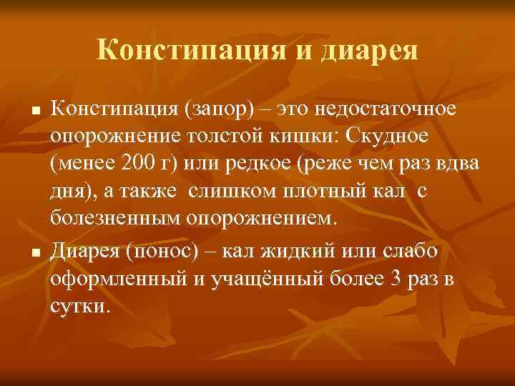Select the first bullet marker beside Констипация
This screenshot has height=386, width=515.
point(35,112)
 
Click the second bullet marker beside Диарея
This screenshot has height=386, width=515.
point(35,251)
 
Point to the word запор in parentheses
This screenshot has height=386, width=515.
point(217,111)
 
